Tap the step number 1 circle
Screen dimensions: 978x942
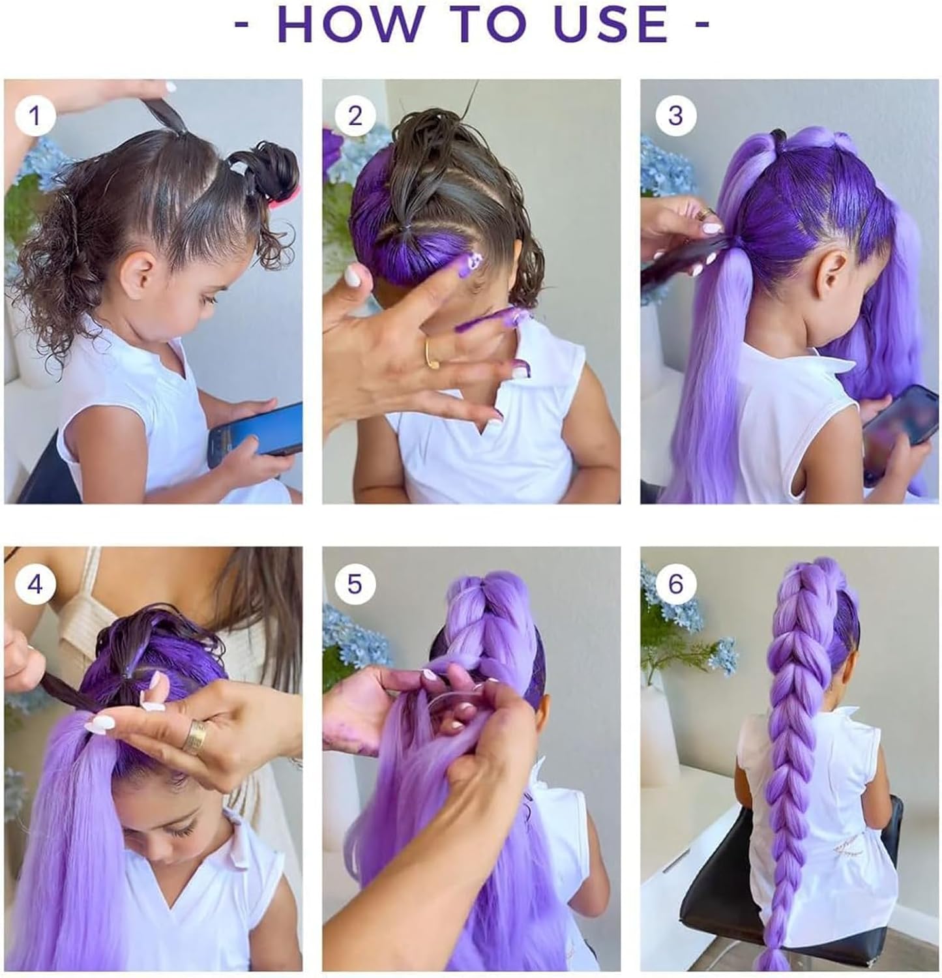(35, 116)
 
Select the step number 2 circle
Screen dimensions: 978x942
(355, 116)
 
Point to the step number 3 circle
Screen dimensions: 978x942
(675, 116)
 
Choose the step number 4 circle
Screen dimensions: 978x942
(35, 584)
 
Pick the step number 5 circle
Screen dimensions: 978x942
(355, 584)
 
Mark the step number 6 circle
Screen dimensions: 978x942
(675, 584)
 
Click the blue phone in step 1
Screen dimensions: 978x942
(258, 430)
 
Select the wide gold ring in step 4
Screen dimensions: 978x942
(194, 736)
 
